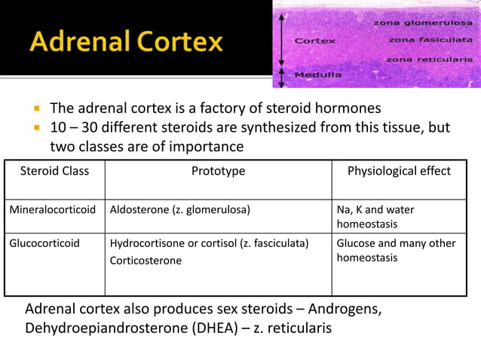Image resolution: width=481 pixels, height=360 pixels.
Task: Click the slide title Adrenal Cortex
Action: [x=127, y=41]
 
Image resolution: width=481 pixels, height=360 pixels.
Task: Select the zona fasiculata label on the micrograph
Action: [x=430, y=40]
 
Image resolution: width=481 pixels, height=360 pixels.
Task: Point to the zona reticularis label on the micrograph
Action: [x=429, y=59]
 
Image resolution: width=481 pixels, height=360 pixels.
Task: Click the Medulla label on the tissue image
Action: [x=317, y=75]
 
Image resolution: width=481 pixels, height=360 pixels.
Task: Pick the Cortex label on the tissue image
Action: [x=314, y=41]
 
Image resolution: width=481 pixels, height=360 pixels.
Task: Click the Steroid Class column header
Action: [x=54, y=171]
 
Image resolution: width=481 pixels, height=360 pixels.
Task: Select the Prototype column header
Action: [x=218, y=171]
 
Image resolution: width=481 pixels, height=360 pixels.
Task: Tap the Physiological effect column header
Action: [x=399, y=171]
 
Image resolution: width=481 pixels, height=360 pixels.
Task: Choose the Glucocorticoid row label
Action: [x=44, y=243]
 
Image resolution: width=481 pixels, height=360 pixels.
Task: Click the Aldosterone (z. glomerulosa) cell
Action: [x=179, y=210]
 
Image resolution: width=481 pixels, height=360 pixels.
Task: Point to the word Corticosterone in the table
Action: [x=146, y=261]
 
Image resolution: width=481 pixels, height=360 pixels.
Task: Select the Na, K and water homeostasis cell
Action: [x=375, y=217]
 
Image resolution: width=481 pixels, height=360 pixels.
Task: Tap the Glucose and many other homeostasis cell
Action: [x=396, y=250]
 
